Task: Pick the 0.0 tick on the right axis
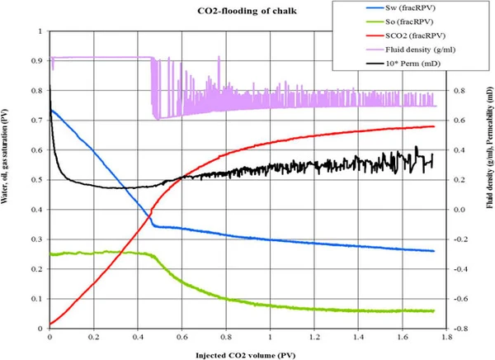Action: click(x=464, y=210)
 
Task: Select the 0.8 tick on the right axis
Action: click(x=464, y=91)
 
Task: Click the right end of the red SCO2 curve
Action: click(x=434, y=126)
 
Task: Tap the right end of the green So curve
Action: click(x=434, y=310)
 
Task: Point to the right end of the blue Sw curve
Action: click(x=434, y=251)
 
